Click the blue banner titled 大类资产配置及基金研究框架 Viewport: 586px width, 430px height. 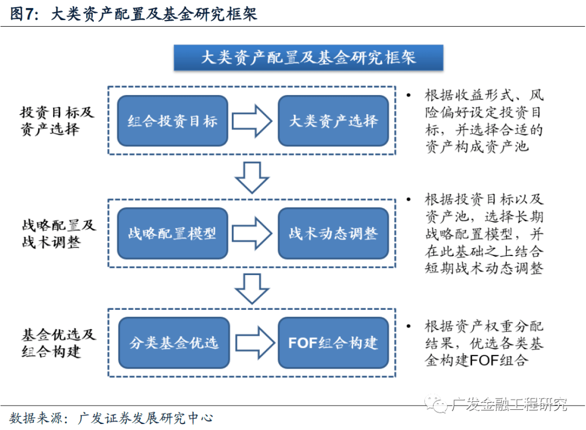click(308, 58)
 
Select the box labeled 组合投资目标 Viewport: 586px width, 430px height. click(173, 121)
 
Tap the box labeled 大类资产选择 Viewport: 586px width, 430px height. click(333, 121)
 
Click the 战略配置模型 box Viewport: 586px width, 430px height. click(173, 233)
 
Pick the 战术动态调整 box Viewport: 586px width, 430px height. click(333, 233)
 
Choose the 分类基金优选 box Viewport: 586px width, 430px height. click(173, 342)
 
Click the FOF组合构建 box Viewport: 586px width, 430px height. click(333, 342)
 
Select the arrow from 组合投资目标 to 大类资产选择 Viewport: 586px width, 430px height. click(253, 121)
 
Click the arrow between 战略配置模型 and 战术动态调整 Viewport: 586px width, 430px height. click(253, 233)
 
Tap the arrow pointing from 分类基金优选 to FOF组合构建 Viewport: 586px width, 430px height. click(253, 342)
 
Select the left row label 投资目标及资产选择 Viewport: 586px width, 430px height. click(57, 121)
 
